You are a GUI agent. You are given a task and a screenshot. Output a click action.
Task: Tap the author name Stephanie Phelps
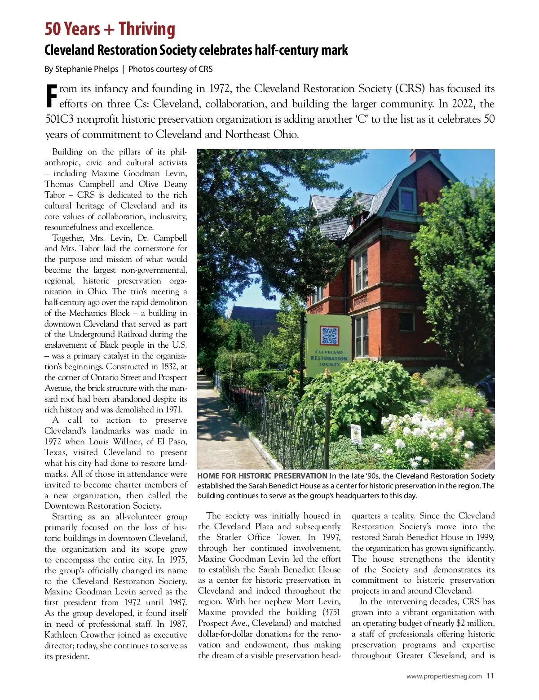(87, 69)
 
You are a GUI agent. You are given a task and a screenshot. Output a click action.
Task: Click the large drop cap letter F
(52, 96)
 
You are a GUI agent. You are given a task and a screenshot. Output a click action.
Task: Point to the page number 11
(490, 676)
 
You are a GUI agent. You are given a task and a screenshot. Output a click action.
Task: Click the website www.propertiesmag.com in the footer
(444, 676)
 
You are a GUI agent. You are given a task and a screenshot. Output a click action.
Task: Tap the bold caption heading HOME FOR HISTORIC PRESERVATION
(262, 476)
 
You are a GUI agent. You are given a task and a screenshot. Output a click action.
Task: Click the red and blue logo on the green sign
(329, 336)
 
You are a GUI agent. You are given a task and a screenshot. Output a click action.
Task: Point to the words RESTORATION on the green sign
(329, 358)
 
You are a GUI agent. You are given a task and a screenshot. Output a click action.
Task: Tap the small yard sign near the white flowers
(355, 432)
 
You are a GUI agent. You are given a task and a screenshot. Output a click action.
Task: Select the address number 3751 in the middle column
(331, 612)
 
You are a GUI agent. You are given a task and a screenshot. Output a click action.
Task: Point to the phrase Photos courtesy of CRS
(171, 69)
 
